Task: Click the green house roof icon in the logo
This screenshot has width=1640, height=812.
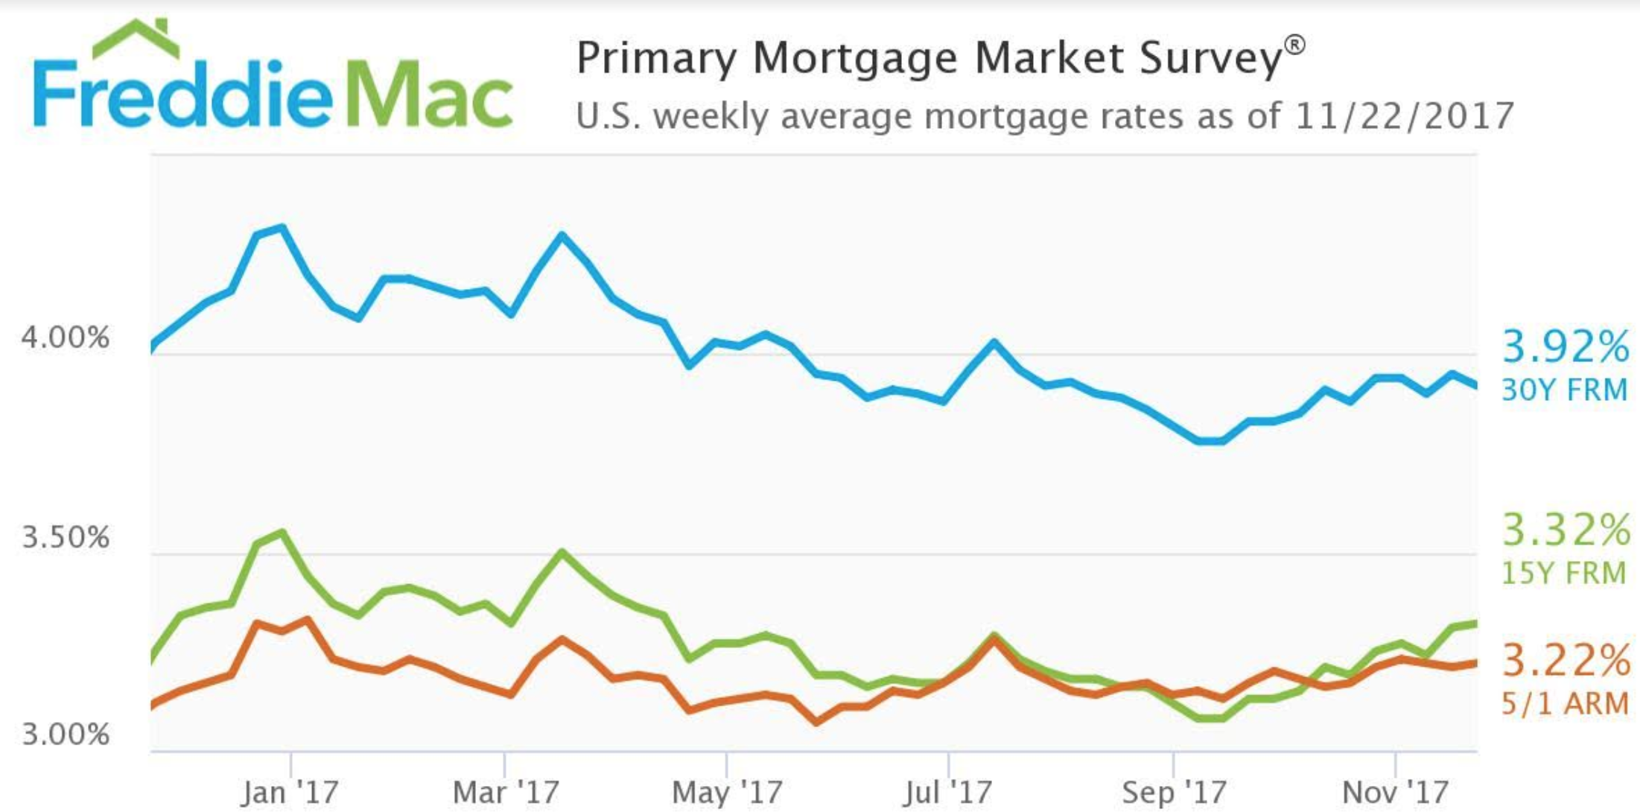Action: pyautogui.click(x=136, y=39)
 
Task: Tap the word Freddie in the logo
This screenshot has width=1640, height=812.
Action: pyautogui.click(x=182, y=95)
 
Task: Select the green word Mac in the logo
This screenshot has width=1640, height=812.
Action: pyautogui.click(x=430, y=95)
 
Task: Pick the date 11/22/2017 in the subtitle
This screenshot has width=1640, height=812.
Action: pyautogui.click(x=1404, y=115)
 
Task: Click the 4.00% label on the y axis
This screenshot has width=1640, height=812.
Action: pyautogui.click(x=66, y=337)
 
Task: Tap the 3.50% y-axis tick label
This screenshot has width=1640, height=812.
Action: pyautogui.click(x=66, y=536)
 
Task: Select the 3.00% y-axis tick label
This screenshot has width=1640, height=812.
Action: pyautogui.click(x=66, y=735)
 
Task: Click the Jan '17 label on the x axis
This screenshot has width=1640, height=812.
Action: pyautogui.click(x=289, y=792)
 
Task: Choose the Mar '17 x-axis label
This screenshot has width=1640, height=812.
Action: pyautogui.click(x=506, y=792)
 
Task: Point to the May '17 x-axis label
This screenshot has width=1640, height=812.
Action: pyautogui.click(x=727, y=792)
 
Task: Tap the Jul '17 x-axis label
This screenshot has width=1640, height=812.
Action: pyautogui.click(x=947, y=792)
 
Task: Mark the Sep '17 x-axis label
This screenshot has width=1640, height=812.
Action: pyautogui.click(x=1174, y=792)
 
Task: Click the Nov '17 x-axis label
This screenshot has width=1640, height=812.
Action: pyautogui.click(x=1395, y=792)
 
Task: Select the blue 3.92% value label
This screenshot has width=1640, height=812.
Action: pyautogui.click(x=1565, y=347)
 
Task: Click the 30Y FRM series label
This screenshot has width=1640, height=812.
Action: pyautogui.click(x=1564, y=390)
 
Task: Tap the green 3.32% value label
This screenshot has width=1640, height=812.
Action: pyautogui.click(x=1565, y=530)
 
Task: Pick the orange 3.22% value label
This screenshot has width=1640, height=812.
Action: pyautogui.click(x=1565, y=661)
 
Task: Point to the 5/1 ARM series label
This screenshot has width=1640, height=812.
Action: pyautogui.click(x=1564, y=703)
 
